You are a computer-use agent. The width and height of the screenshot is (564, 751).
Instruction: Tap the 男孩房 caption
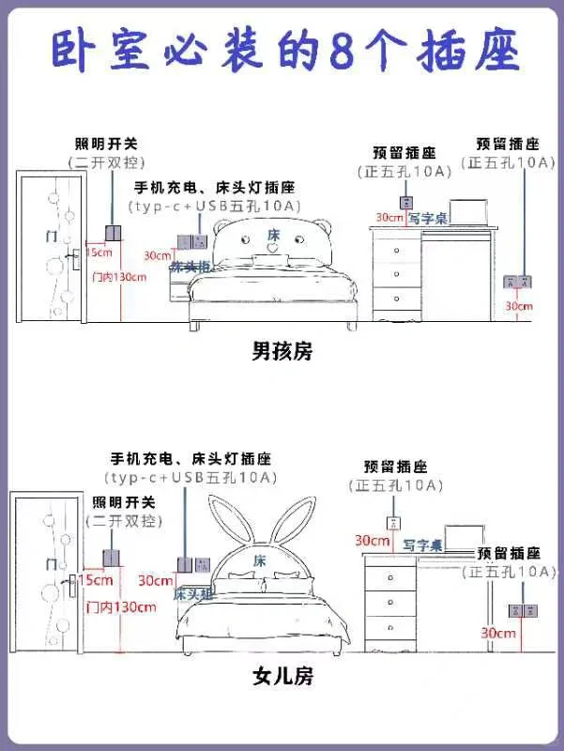click(282, 352)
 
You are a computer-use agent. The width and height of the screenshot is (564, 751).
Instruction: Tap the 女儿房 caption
click(282, 675)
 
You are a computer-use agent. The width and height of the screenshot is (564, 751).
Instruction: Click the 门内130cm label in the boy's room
click(120, 277)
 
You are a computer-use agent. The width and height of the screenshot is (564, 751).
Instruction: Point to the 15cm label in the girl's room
click(96, 581)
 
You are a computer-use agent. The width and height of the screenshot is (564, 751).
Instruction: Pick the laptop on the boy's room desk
click(466, 215)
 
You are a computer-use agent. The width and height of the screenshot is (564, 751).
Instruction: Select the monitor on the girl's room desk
click(461, 538)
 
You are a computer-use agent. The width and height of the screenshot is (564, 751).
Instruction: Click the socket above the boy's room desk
click(406, 202)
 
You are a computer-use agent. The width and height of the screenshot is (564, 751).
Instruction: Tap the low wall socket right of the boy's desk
click(518, 281)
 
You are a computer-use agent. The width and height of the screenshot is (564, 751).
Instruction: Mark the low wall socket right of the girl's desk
click(521, 610)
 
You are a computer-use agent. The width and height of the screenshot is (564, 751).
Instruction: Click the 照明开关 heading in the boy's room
click(106, 144)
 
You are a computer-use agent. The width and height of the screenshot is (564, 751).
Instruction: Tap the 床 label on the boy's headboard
click(273, 234)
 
